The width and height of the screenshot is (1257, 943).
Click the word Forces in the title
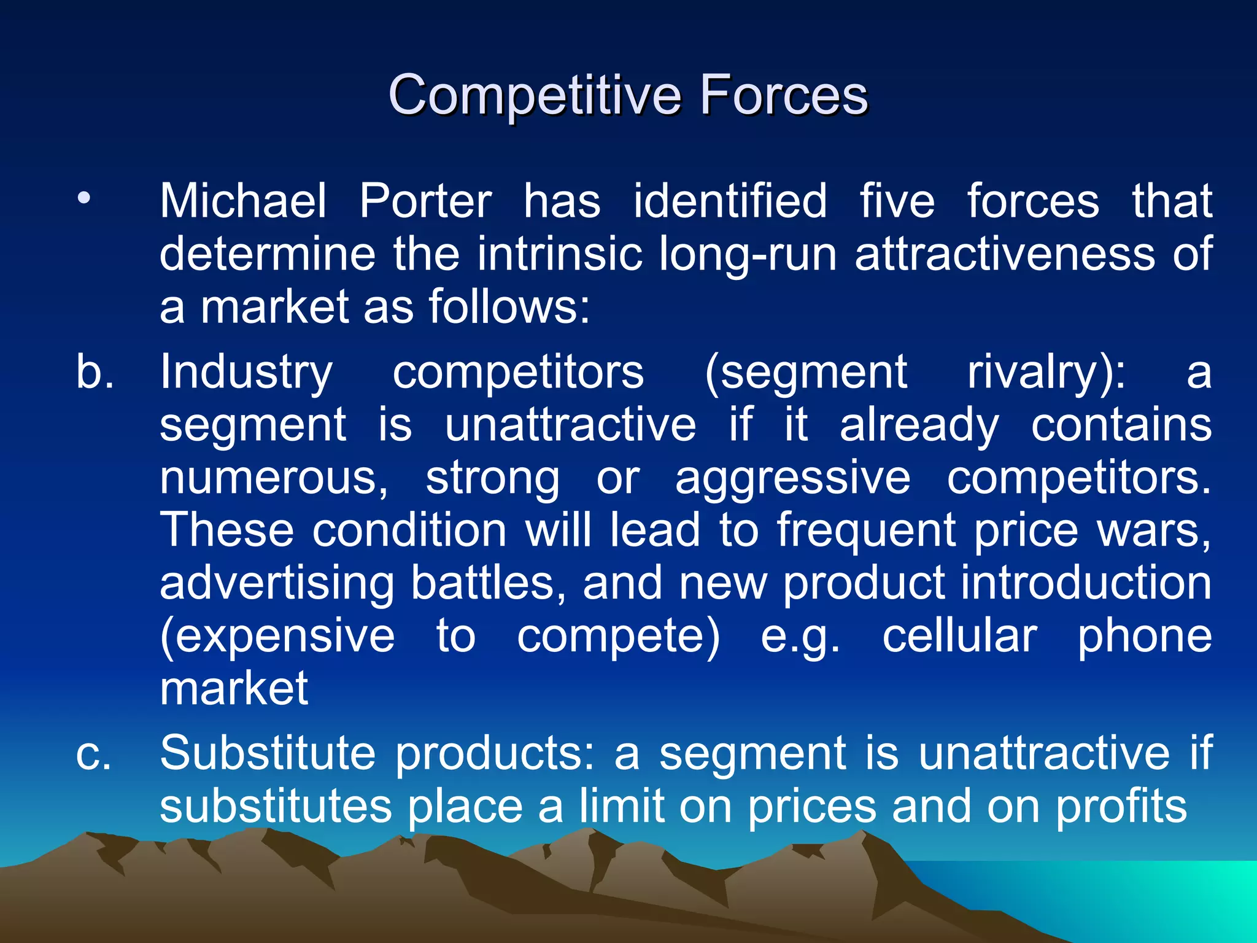tap(784, 95)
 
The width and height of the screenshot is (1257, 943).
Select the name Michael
tap(243, 201)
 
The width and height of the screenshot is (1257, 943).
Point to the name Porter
tap(425, 201)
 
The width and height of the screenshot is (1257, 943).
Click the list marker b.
tap(95, 371)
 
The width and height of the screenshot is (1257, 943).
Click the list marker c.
tap(93, 753)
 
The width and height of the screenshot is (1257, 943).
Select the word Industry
tap(246, 373)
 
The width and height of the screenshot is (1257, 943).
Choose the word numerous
tap(273, 478)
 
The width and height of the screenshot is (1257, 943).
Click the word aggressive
tap(792, 478)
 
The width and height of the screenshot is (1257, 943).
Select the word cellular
tap(959, 636)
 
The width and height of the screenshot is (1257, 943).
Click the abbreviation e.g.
tap(800, 637)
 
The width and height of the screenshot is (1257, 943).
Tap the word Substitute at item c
tap(268, 753)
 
